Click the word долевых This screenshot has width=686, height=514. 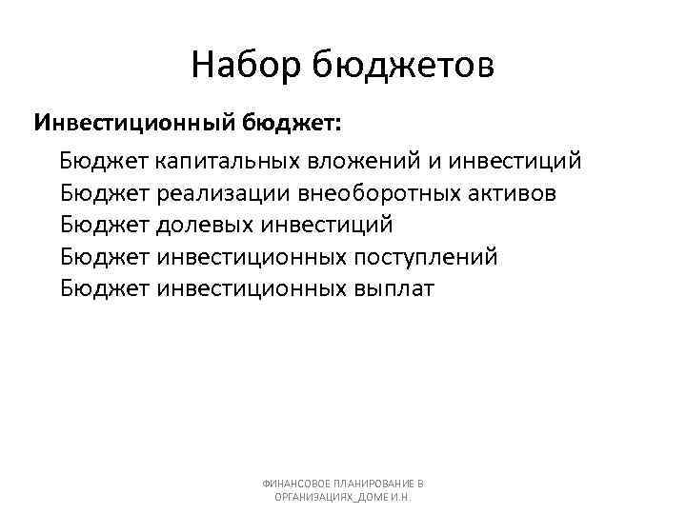pos(207,225)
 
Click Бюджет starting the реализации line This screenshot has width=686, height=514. pos(104,193)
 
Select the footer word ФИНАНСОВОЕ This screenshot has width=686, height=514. pos(296,484)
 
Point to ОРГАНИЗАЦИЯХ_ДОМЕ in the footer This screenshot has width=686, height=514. pos(323,498)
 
